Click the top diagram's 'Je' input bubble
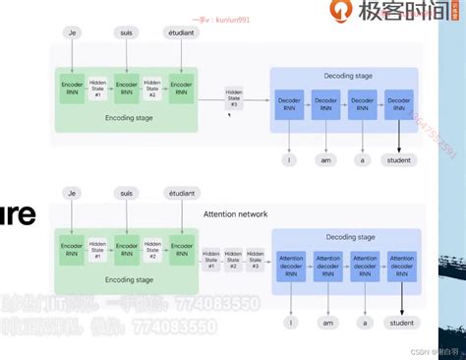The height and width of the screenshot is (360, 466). coord(71,32)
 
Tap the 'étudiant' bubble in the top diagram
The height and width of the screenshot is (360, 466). coord(180,32)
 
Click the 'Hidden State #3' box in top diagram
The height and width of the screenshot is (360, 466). coord(234,97)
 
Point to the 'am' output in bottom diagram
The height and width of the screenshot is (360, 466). coord(326,294)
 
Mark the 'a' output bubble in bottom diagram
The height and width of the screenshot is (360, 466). coord(364,294)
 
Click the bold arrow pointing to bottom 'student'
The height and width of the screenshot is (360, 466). coord(401,280)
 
